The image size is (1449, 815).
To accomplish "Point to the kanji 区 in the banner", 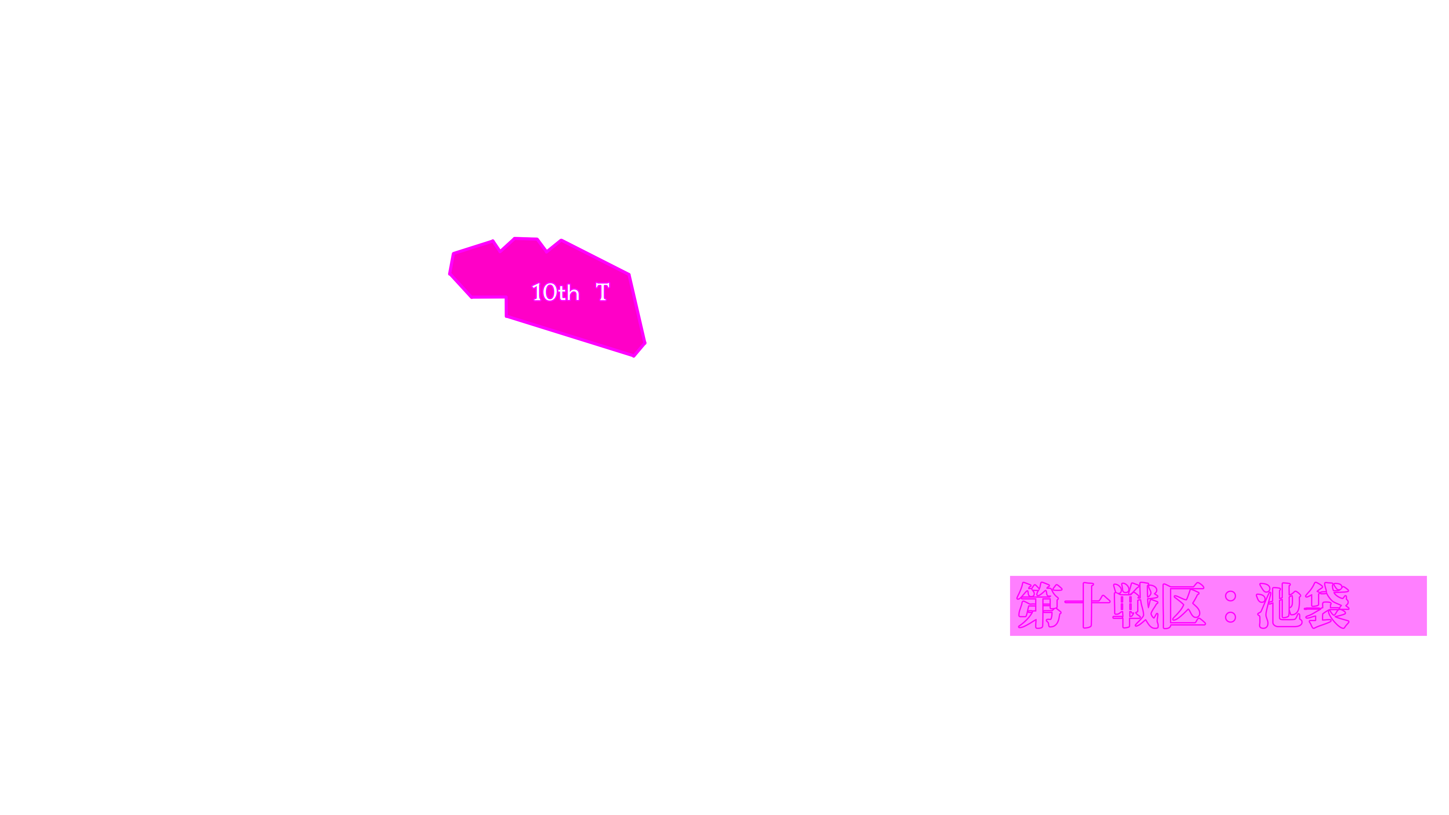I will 1183,606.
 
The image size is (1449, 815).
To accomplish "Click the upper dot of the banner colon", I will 1230,596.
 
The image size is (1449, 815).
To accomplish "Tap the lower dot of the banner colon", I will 1230,617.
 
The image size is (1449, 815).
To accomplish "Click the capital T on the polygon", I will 603,292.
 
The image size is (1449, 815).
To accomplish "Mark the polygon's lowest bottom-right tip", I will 634,357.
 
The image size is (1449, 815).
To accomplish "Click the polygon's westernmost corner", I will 449,274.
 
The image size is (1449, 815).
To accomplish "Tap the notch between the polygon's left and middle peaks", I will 500,249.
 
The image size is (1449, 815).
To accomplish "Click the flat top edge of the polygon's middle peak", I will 526,238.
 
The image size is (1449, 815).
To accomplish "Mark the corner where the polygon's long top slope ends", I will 629,274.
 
